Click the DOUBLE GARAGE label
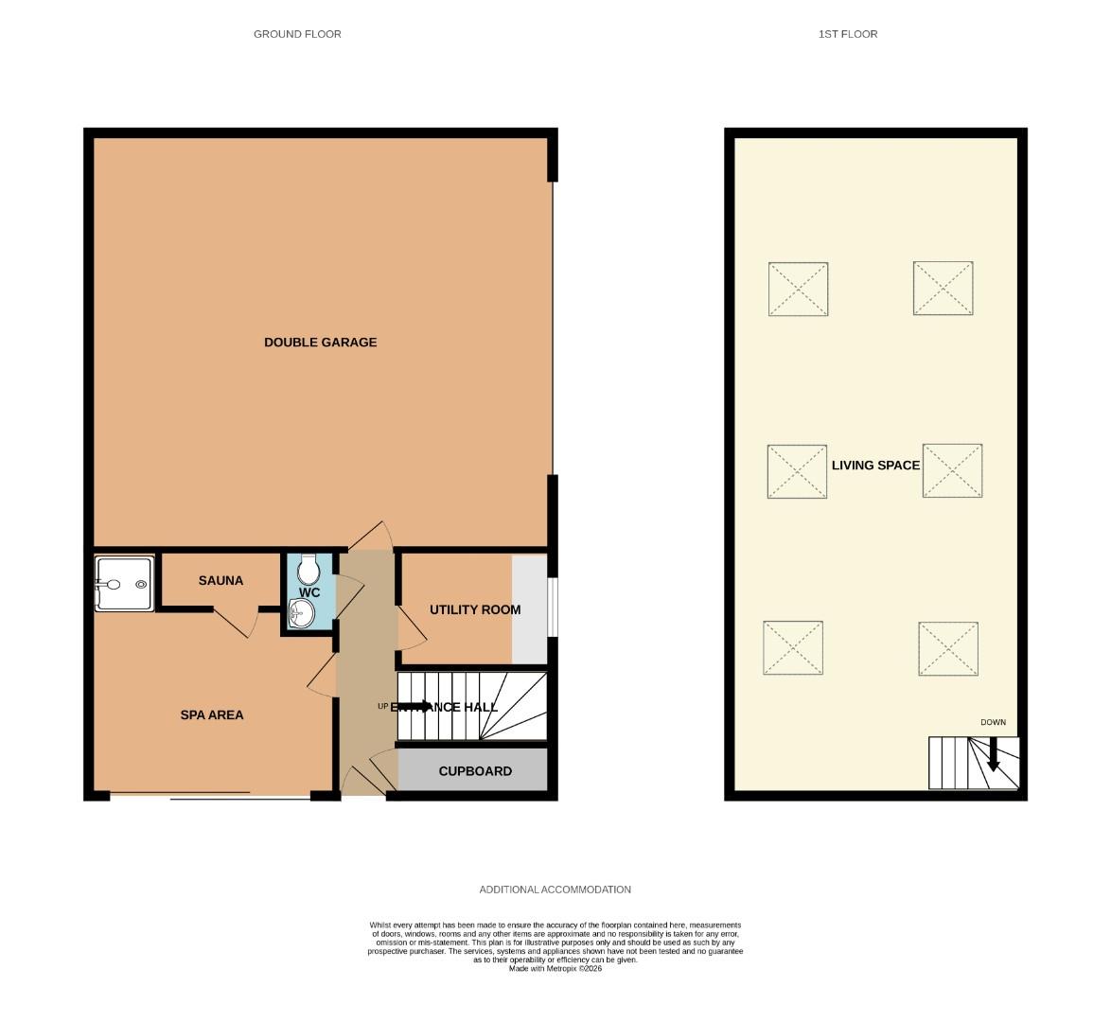coord(320,343)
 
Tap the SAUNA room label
coord(220,581)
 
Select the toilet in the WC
coord(308,570)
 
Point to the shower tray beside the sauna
coord(123,584)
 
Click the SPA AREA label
coord(212,715)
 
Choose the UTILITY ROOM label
coord(474,609)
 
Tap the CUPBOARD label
coord(475,771)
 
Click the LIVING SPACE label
coord(875,466)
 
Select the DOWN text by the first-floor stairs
coord(993,723)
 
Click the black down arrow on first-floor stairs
coord(993,754)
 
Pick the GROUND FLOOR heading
coord(297,34)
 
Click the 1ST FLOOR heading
coord(848,34)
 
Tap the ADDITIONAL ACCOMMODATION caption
coord(555,890)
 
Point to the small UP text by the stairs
coord(382,706)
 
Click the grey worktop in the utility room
coord(529,609)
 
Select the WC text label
coord(309,593)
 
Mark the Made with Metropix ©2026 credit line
coord(555,968)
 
